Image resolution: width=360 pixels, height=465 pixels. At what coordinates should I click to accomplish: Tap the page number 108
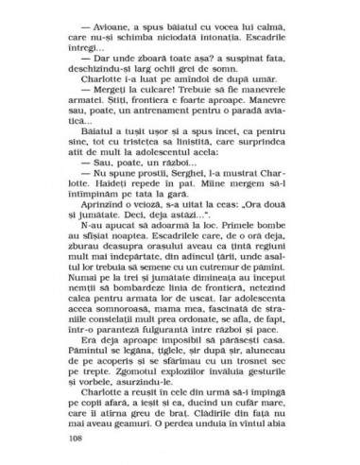(x=77, y=440)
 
